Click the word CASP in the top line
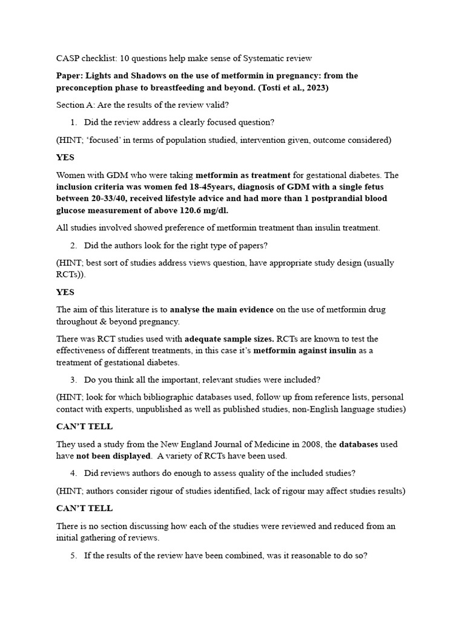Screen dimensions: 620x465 pos(68,58)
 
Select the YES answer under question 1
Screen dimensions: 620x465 pos(65,157)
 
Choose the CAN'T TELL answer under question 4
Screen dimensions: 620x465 pos(84,508)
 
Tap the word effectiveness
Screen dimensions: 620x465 pos(82,351)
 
